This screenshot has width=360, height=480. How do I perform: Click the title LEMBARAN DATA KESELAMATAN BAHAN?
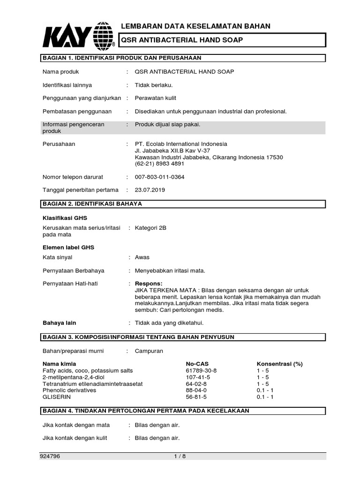[x=196, y=26]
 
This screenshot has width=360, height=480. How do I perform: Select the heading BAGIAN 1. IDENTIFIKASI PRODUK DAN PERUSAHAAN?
[x=122, y=58]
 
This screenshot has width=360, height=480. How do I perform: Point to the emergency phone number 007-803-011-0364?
[x=159, y=177]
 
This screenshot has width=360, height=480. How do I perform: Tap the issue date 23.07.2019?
[x=150, y=190]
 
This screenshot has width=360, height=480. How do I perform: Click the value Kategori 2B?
[x=150, y=228]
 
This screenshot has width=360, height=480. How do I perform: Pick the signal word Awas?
[x=142, y=257]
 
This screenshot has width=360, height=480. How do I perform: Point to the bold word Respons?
[x=149, y=284]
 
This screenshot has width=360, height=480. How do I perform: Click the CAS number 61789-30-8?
[x=202, y=370]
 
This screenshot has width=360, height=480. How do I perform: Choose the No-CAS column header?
[x=197, y=364]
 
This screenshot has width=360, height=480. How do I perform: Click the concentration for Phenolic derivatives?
[x=265, y=390]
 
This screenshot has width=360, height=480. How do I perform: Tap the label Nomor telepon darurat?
[x=73, y=177]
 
